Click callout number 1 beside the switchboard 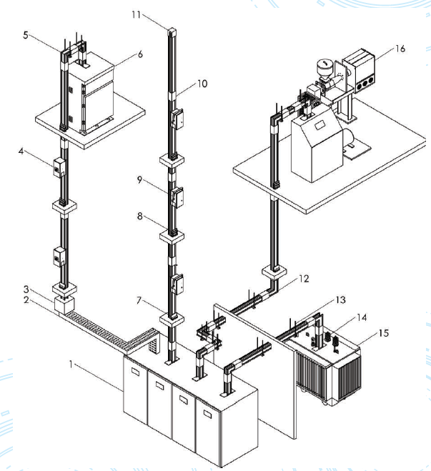pyautogui.click(x=71, y=365)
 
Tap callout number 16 pyautogui.click(x=400, y=49)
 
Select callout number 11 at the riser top pyautogui.click(x=137, y=14)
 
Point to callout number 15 pyautogui.click(x=384, y=333)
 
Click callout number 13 pyautogui.click(x=341, y=299)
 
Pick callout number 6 pyautogui.click(x=140, y=54)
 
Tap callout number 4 pyautogui.click(x=21, y=151)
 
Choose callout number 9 pyautogui.click(x=139, y=179)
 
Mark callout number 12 pyautogui.click(x=304, y=279)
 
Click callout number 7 pyautogui.click(x=139, y=300)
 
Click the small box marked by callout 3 pyautogui.click(x=64, y=304)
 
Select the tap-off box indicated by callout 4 pyautogui.click(x=59, y=167)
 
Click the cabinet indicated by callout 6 pyautogui.click(x=91, y=93)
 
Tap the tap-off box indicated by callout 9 pyautogui.click(x=177, y=197)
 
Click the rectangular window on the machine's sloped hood pyautogui.click(x=320, y=125)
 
